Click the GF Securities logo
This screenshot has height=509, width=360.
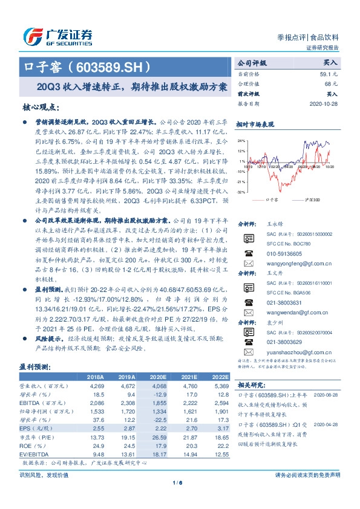(57, 37)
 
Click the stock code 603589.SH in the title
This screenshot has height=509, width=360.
(112, 66)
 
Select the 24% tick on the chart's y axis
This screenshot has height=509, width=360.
(242, 141)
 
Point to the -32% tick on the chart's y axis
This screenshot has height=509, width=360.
(241, 192)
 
